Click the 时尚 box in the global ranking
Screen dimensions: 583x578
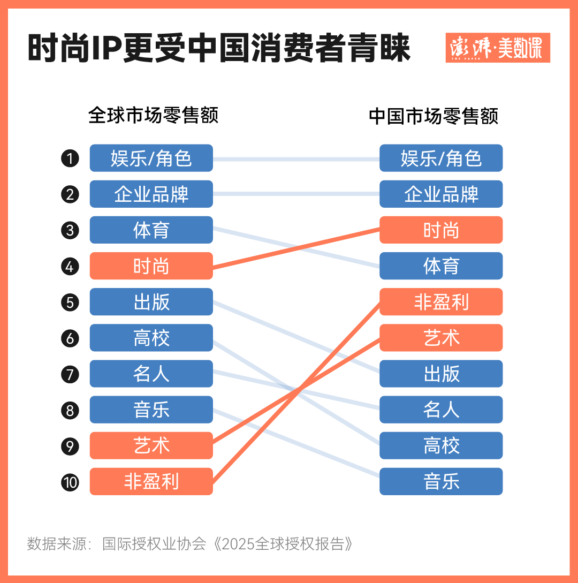point(151,266)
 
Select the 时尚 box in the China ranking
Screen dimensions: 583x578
point(441,230)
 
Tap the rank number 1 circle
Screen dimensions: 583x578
point(70,158)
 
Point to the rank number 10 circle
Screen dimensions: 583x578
point(70,482)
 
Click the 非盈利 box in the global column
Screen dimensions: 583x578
point(151,481)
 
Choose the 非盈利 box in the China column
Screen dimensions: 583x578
point(441,302)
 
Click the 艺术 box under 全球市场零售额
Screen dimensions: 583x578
point(151,445)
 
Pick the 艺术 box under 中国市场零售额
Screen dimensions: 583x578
point(441,338)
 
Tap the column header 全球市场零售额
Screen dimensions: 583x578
point(154,115)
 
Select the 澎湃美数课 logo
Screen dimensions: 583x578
point(497,48)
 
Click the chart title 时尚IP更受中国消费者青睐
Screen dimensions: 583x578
point(219,49)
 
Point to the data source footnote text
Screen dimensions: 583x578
point(191,544)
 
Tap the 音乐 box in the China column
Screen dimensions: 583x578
point(441,481)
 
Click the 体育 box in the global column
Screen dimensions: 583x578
point(151,230)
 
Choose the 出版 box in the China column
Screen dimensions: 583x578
point(441,374)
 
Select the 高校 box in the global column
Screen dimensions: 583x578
point(151,338)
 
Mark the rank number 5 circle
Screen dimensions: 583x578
point(70,302)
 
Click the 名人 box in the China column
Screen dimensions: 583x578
point(441,410)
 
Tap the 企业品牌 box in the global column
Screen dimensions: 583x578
point(151,194)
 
